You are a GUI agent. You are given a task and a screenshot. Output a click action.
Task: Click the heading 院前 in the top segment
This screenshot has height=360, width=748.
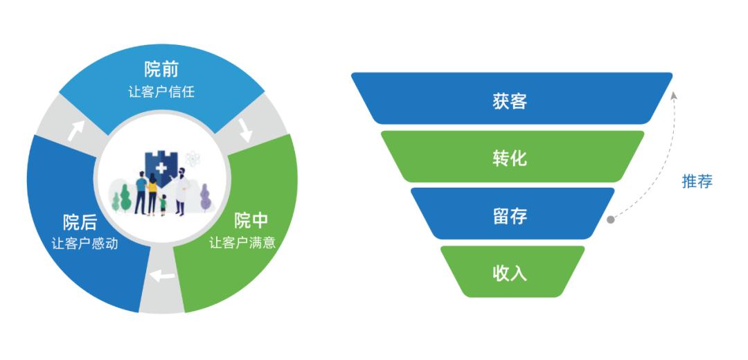pyautogui.click(x=161, y=69)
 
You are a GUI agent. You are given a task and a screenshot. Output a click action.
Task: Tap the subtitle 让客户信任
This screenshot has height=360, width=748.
pyautogui.click(x=161, y=91)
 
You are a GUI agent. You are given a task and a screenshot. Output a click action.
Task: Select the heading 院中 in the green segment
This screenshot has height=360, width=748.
pyautogui.click(x=250, y=221)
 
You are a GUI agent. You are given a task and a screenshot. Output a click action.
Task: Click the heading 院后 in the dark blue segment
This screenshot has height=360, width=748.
pyautogui.click(x=80, y=222)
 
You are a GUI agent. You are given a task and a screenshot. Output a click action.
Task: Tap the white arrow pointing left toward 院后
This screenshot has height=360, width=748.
pyautogui.click(x=163, y=276)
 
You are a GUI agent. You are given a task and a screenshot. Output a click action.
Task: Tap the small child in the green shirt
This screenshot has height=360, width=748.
pyautogui.click(x=163, y=205)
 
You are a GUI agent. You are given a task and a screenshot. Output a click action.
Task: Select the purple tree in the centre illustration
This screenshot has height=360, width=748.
pyautogui.click(x=205, y=198)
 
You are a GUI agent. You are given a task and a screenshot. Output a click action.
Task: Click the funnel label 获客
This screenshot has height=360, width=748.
pyautogui.click(x=510, y=101)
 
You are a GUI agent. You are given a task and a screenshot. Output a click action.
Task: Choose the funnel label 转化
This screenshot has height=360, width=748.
pyautogui.click(x=510, y=159)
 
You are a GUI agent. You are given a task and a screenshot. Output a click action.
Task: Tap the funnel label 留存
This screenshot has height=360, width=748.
pyautogui.click(x=510, y=216)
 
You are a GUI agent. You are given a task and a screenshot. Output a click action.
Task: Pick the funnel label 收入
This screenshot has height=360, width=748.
pyautogui.click(x=510, y=273)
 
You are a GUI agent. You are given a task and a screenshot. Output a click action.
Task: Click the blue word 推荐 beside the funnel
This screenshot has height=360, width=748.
pyautogui.click(x=697, y=181)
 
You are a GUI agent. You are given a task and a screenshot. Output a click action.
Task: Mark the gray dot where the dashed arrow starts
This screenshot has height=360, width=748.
pyautogui.click(x=610, y=220)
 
